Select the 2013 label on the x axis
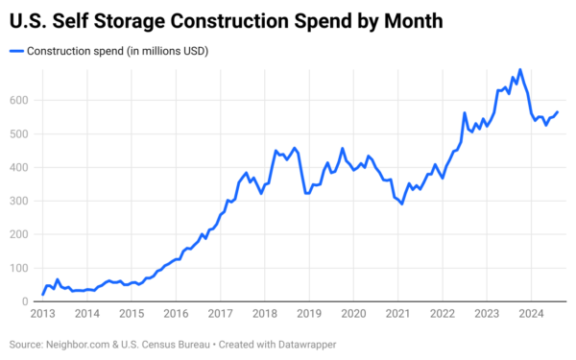pyautogui.click(x=42, y=314)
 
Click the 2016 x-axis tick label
pyautogui.click(x=176, y=314)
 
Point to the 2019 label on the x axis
pyautogui.click(x=309, y=314)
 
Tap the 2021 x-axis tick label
pyautogui.click(x=397, y=314)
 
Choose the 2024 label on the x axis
pyautogui.click(x=531, y=314)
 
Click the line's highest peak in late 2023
pyautogui.click(x=520, y=70)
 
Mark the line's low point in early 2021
pyautogui.click(x=402, y=204)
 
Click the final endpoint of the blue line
pyautogui.click(x=558, y=111)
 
